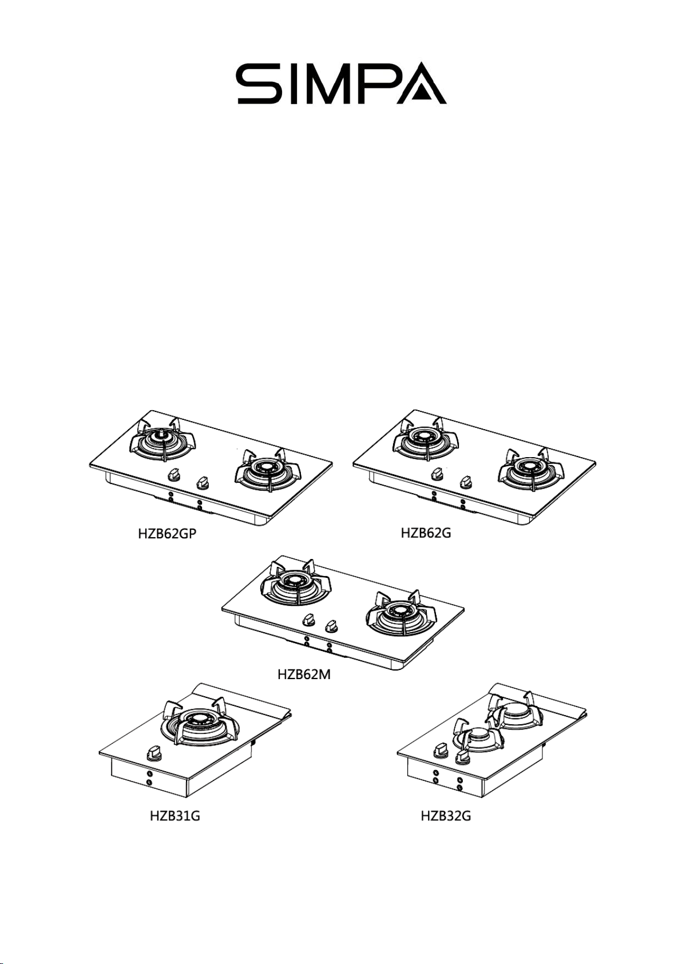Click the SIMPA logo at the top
[x=341, y=84]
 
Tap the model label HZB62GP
[x=167, y=534]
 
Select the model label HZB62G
[x=426, y=533]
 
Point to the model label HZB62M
[x=304, y=675]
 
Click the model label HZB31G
[x=175, y=815]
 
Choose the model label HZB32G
[x=445, y=815]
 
